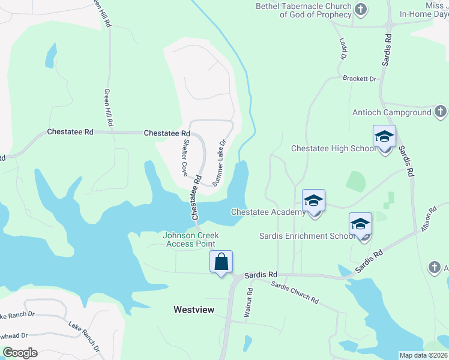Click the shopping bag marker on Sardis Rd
click(x=221, y=262)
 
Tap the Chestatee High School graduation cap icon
click(x=384, y=137)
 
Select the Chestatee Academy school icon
click(x=313, y=201)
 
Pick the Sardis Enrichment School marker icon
click(x=360, y=224)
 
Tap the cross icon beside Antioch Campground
click(x=440, y=112)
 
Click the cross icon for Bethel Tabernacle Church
click(x=360, y=10)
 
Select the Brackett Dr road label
click(x=359, y=79)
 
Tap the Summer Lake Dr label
click(x=217, y=162)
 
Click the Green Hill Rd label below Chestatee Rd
click(x=109, y=107)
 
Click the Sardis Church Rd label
click(x=294, y=292)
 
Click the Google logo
click(x=20, y=353)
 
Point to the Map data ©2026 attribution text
click(x=423, y=355)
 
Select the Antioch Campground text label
click(x=391, y=112)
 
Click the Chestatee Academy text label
click(x=268, y=212)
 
